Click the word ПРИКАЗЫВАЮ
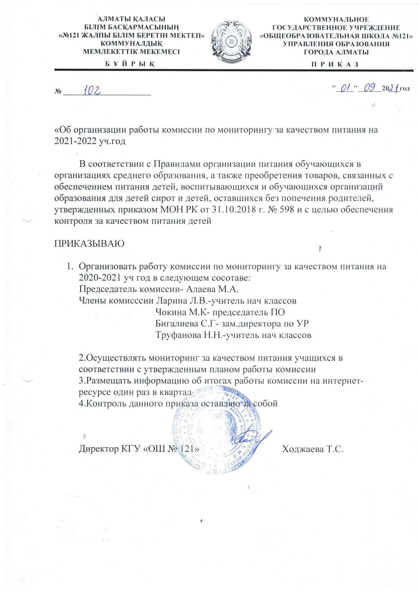(x=89, y=243)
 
